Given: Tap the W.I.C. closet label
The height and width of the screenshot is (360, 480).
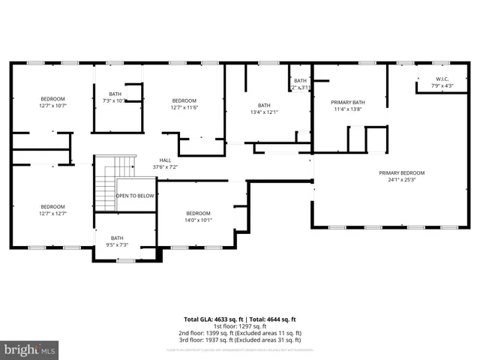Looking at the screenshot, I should (x=442, y=79).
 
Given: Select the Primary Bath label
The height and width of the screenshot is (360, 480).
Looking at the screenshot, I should (x=347, y=102).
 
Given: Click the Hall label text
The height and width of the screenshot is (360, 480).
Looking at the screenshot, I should (x=165, y=160).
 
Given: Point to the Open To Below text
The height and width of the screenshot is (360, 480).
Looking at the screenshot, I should (x=135, y=196).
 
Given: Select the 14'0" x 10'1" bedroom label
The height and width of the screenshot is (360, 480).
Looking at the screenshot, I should (x=199, y=217).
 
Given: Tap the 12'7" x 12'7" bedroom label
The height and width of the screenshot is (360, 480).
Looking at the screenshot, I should (x=52, y=210).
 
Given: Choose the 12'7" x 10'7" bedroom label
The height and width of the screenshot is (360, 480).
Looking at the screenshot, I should (x=52, y=103).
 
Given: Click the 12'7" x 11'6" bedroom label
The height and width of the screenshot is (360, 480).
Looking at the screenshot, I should (x=184, y=104).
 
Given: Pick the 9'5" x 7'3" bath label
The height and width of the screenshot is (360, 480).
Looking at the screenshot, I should (x=118, y=241).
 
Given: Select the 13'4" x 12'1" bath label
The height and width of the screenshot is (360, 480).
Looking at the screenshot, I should (x=264, y=109).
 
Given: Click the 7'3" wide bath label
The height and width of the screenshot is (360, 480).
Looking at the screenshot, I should (x=115, y=97).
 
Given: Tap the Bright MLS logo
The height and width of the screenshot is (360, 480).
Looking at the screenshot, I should (x=30, y=349).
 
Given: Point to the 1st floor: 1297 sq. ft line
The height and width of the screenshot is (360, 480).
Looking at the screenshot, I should (x=239, y=326).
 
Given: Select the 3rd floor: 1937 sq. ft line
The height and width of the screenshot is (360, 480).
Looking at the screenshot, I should (x=239, y=340).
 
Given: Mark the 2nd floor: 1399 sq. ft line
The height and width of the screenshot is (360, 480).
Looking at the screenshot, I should (x=239, y=333).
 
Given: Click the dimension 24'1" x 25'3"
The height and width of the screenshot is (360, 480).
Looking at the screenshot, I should (x=401, y=180).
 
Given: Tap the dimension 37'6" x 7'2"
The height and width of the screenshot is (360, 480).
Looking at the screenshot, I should (x=165, y=166).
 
